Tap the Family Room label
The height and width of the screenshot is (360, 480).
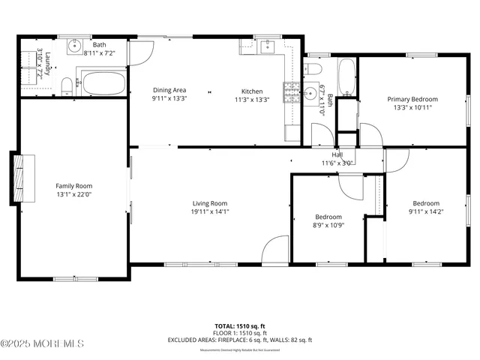pyautogui.click(x=73, y=186)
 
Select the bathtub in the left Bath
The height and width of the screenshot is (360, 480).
pyautogui.click(x=103, y=82)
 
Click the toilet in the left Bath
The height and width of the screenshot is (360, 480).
pyautogui.click(x=66, y=87)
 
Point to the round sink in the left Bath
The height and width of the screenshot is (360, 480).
pyautogui.click(x=75, y=47)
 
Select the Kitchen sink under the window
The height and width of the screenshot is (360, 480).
pyautogui.click(x=268, y=46)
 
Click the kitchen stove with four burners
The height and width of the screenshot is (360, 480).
pyautogui.click(x=289, y=92)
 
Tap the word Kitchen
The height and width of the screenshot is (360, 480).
pyautogui.click(x=251, y=91)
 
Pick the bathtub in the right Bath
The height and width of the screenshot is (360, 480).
pyautogui.click(x=346, y=76)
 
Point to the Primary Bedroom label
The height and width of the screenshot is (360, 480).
pyautogui.click(x=412, y=99)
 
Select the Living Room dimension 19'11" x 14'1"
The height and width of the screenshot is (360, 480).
pyautogui.click(x=209, y=211)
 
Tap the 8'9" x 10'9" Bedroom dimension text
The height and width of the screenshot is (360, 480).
pyautogui.click(x=328, y=225)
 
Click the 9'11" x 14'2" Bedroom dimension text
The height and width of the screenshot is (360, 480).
pyautogui.click(x=426, y=211)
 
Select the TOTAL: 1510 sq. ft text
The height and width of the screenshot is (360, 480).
pyautogui.click(x=240, y=326)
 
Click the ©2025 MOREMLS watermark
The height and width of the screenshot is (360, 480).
pyautogui.click(x=43, y=343)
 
